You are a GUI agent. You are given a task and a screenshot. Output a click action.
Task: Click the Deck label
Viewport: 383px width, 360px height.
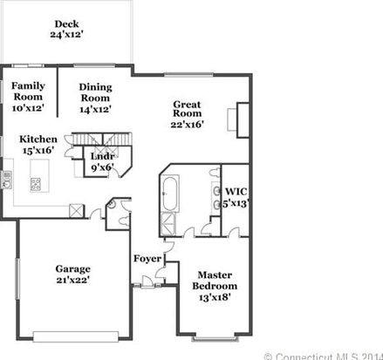click(x=66, y=29)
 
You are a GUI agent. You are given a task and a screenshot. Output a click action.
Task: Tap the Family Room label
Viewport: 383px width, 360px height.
click(x=28, y=97)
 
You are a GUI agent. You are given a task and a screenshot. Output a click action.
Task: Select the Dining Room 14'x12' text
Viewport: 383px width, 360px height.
click(x=95, y=98)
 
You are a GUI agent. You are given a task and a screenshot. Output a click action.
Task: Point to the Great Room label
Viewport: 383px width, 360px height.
click(x=187, y=114)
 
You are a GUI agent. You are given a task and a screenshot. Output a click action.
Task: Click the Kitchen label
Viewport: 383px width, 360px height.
click(x=38, y=145)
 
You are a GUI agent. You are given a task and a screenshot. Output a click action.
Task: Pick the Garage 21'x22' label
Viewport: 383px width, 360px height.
click(x=72, y=275)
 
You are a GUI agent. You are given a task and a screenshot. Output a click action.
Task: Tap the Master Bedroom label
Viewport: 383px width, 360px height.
click(x=215, y=286)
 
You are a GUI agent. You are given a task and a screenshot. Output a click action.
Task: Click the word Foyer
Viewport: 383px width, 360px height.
click(x=147, y=258)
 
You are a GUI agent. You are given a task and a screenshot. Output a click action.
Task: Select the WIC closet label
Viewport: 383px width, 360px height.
click(x=236, y=197)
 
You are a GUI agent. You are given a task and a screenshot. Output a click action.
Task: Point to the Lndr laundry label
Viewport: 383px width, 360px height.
click(x=102, y=162)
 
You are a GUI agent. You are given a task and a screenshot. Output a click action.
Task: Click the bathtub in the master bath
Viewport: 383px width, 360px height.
click(x=169, y=193)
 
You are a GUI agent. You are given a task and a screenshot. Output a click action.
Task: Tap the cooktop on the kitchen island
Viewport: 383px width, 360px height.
click(x=36, y=184)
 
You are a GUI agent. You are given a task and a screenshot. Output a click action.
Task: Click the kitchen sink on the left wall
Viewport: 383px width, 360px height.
click(x=6, y=180)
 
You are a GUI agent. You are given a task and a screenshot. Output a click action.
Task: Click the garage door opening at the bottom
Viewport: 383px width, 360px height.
click(x=76, y=336)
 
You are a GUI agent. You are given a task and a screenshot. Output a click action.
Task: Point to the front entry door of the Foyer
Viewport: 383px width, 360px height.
click(x=147, y=282)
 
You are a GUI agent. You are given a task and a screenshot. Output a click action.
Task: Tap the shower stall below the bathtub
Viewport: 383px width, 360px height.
click(x=168, y=224)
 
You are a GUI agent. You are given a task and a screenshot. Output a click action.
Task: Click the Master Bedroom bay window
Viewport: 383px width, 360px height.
click(x=215, y=338)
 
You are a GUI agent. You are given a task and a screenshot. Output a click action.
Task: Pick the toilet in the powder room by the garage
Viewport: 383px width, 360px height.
click(x=124, y=221)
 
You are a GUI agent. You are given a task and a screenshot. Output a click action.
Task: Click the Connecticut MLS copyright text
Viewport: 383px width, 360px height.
click(x=324, y=357)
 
